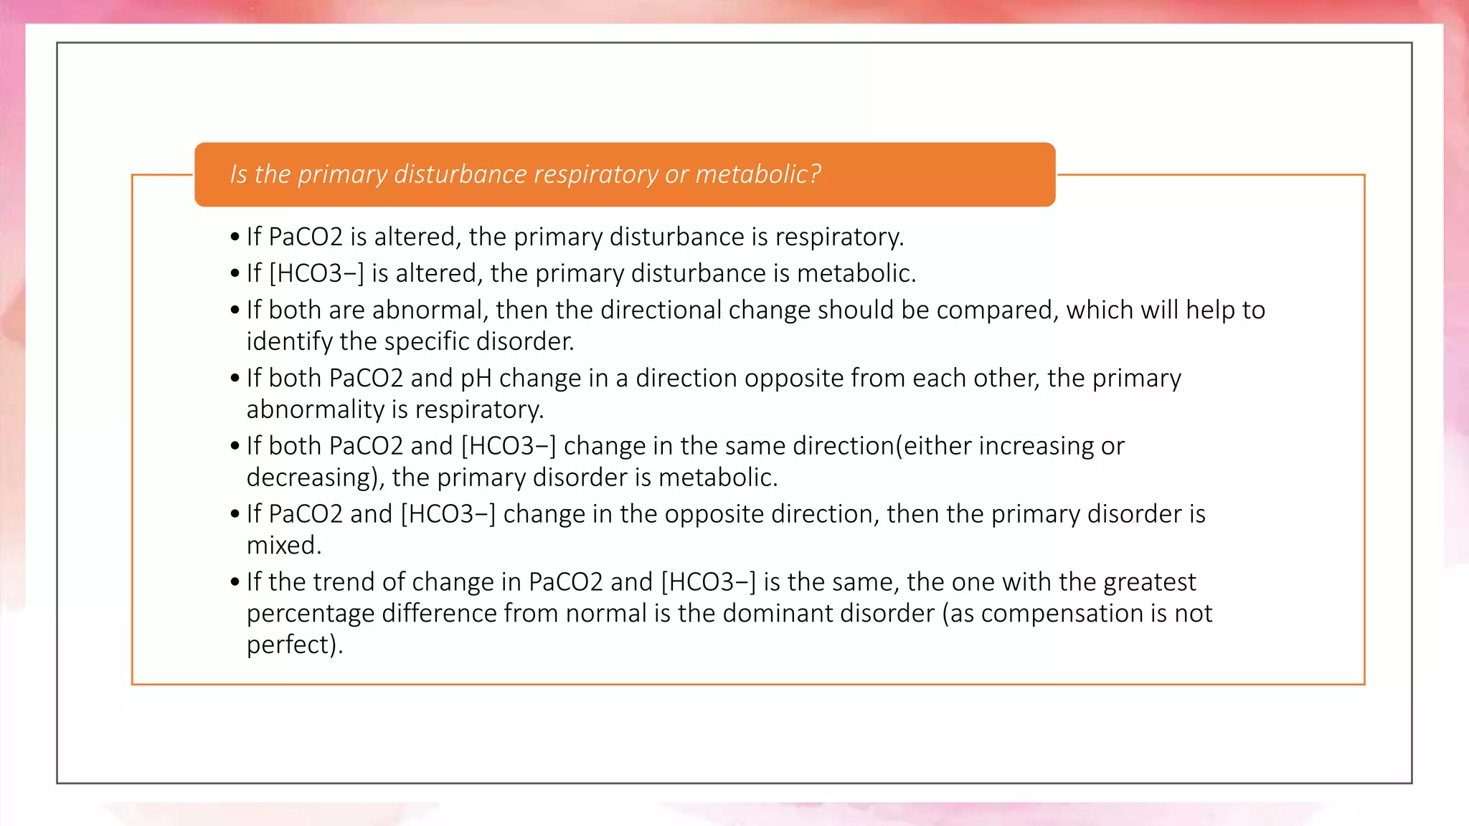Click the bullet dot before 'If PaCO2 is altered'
pyautogui.click(x=235, y=237)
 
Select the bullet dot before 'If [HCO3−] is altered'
pyautogui.click(x=235, y=274)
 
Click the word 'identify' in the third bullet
pyautogui.click(x=289, y=341)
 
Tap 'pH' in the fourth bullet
pyautogui.click(x=476, y=378)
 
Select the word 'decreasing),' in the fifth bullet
pyautogui.click(x=316, y=478)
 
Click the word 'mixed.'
pyautogui.click(x=284, y=546)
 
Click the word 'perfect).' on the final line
pyautogui.click(x=295, y=645)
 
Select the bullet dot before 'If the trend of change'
pyautogui.click(x=235, y=582)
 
